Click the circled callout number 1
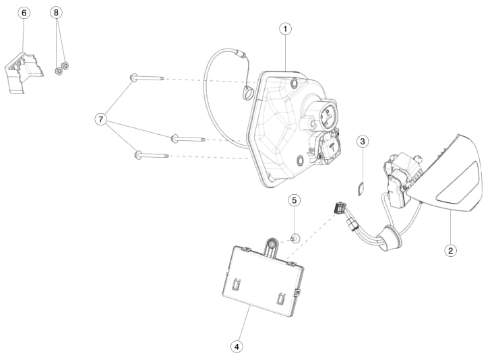pyautogui.click(x=285, y=29)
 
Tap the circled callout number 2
pyautogui.click(x=451, y=251)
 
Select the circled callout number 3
pyautogui.click(x=363, y=142)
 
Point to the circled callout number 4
pyautogui.click(x=237, y=347)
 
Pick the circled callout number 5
pyautogui.click(x=294, y=200)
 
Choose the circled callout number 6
pyautogui.click(x=24, y=13)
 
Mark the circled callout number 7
pyautogui.click(x=100, y=119)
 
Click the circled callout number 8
pyautogui.click(x=56, y=13)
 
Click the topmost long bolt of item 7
pyautogui.click(x=146, y=78)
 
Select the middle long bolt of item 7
pyautogui.click(x=188, y=138)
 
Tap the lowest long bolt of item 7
pyautogui.click(x=152, y=155)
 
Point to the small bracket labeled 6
pyautogui.click(x=24, y=73)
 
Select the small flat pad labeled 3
pyautogui.click(x=361, y=189)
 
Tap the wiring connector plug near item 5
pyautogui.click(x=340, y=208)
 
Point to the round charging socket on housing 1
pyautogui.click(x=328, y=116)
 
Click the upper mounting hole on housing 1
pyautogui.click(x=295, y=83)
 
